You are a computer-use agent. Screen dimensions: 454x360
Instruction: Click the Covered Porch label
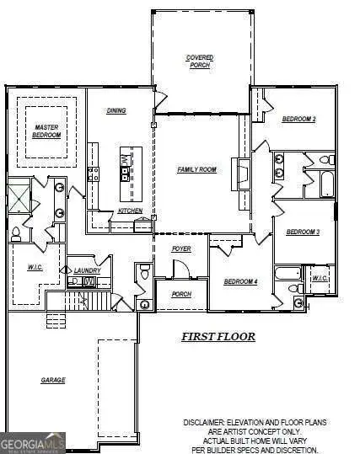click(x=199, y=61)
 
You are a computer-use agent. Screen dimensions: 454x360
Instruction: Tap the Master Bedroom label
click(x=47, y=131)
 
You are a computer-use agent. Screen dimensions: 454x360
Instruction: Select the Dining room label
click(x=116, y=110)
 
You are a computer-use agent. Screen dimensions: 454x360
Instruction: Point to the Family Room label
click(x=196, y=169)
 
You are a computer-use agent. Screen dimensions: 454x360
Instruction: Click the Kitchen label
click(x=130, y=211)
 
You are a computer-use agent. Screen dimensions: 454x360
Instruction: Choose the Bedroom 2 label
click(x=298, y=120)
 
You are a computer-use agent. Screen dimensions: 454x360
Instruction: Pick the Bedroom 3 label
click(x=302, y=232)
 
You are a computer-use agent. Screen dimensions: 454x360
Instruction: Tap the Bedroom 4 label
click(x=240, y=281)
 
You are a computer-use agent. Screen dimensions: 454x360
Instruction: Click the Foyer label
click(x=180, y=249)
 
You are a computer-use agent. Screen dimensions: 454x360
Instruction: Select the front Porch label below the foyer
click(x=180, y=294)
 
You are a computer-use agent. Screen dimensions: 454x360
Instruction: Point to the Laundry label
click(x=87, y=270)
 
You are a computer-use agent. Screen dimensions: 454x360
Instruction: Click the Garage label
click(x=53, y=380)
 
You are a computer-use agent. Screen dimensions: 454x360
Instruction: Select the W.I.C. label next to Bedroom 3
click(x=320, y=278)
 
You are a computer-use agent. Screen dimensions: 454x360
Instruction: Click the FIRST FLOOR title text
click(x=218, y=336)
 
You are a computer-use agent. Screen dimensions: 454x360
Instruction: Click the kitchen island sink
click(x=125, y=174)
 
